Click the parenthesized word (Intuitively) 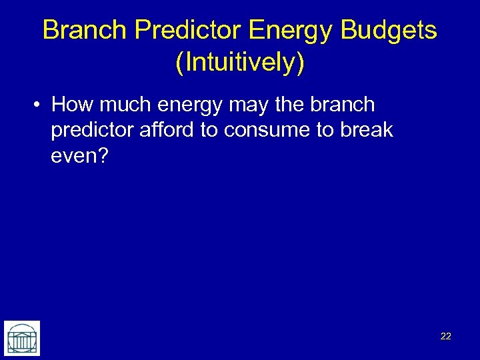pyautogui.click(x=240, y=63)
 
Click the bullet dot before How pyautogui.click(x=39, y=105)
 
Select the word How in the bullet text pyautogui.click(x=70, y=105)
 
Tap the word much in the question pyautogui.click(x=123, y=105)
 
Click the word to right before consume pyautogui.click(x=209, y=131)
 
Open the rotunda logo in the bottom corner pyautogui.click(x=22, y=338)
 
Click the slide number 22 pyautogui.click(x=446, y=337)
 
